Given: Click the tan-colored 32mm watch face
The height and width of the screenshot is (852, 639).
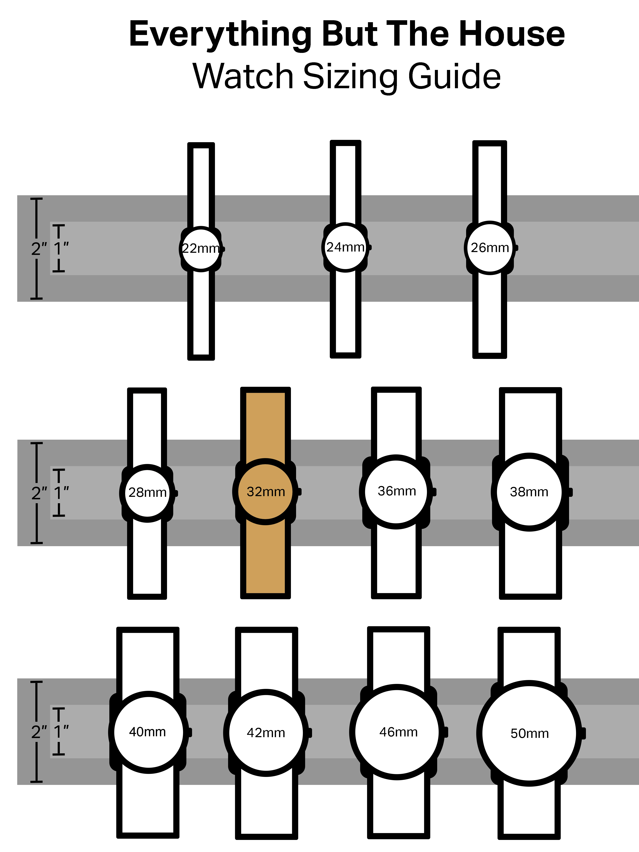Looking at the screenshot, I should coord(265,491).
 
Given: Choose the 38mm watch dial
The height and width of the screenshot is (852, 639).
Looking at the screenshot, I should coord(529,492).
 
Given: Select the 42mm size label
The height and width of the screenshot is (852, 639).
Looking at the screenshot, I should coord(266,733).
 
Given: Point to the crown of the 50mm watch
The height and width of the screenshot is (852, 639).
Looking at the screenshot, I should coord(583,733).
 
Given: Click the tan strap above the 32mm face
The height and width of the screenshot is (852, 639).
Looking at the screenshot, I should coord(265,424).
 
